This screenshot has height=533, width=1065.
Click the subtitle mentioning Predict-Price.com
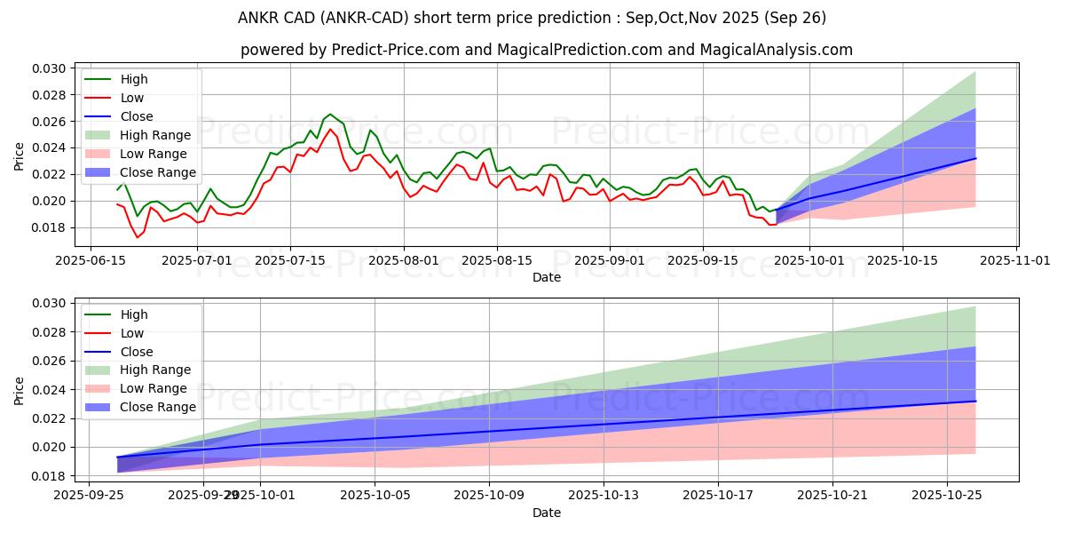pyautogui.click(x=546, y=50)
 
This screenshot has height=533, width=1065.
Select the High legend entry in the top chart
pyautogui.click(x=135, y=79)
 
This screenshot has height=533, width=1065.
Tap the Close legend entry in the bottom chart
pyautogui.click(x=137, y=352)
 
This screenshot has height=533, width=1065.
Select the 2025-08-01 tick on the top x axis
pyautogui.click(x=404, y=260)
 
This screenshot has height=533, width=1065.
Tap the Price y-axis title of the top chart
pyautogui.click(x=19, y=156)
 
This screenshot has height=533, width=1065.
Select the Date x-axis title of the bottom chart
pyautogui.click(x=546, y=513)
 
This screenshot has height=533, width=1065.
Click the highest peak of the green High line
pyautogui.click(x=330, y=115)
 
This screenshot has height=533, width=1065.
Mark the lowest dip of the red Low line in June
pyautogui.click(x=138, y=237)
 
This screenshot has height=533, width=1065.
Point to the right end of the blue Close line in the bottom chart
pyautogui.click(x=975, y=402)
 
